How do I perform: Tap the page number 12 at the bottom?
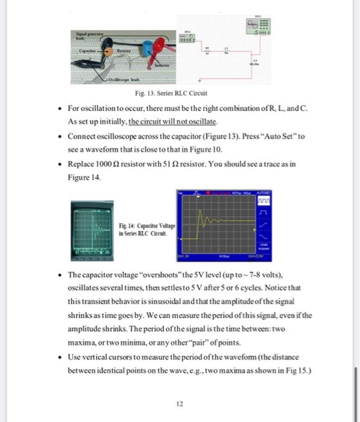(x=179, y=404)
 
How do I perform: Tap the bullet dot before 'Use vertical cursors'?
(x=58, y=357)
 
